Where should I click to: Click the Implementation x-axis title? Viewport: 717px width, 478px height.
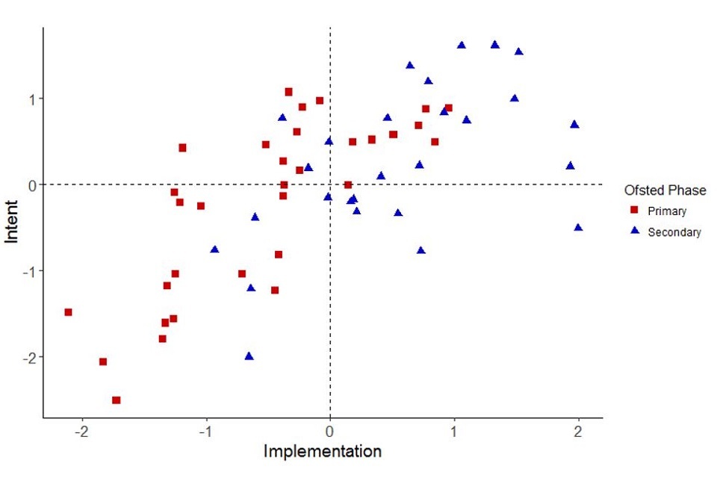323,452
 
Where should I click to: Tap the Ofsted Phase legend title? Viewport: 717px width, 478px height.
665,190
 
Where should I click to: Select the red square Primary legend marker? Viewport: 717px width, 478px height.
635,211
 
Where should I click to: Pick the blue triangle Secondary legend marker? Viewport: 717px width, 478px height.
635,232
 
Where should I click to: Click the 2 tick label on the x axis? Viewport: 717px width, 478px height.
578,432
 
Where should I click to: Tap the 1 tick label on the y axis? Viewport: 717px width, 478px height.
31,99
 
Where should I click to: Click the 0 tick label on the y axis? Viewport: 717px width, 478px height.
31,184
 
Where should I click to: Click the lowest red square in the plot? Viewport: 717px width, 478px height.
117,400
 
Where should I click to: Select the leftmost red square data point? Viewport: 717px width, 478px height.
68,312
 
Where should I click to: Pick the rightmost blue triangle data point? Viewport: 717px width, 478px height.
578,227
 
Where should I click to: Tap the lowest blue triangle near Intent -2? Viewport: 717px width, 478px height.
249,356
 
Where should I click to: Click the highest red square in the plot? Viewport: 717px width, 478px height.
288,92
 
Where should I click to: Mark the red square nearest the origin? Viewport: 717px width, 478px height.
347,184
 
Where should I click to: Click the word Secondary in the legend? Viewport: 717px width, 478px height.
674,232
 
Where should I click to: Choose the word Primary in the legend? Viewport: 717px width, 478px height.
667,211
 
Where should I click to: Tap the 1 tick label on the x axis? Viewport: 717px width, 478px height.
454,432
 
